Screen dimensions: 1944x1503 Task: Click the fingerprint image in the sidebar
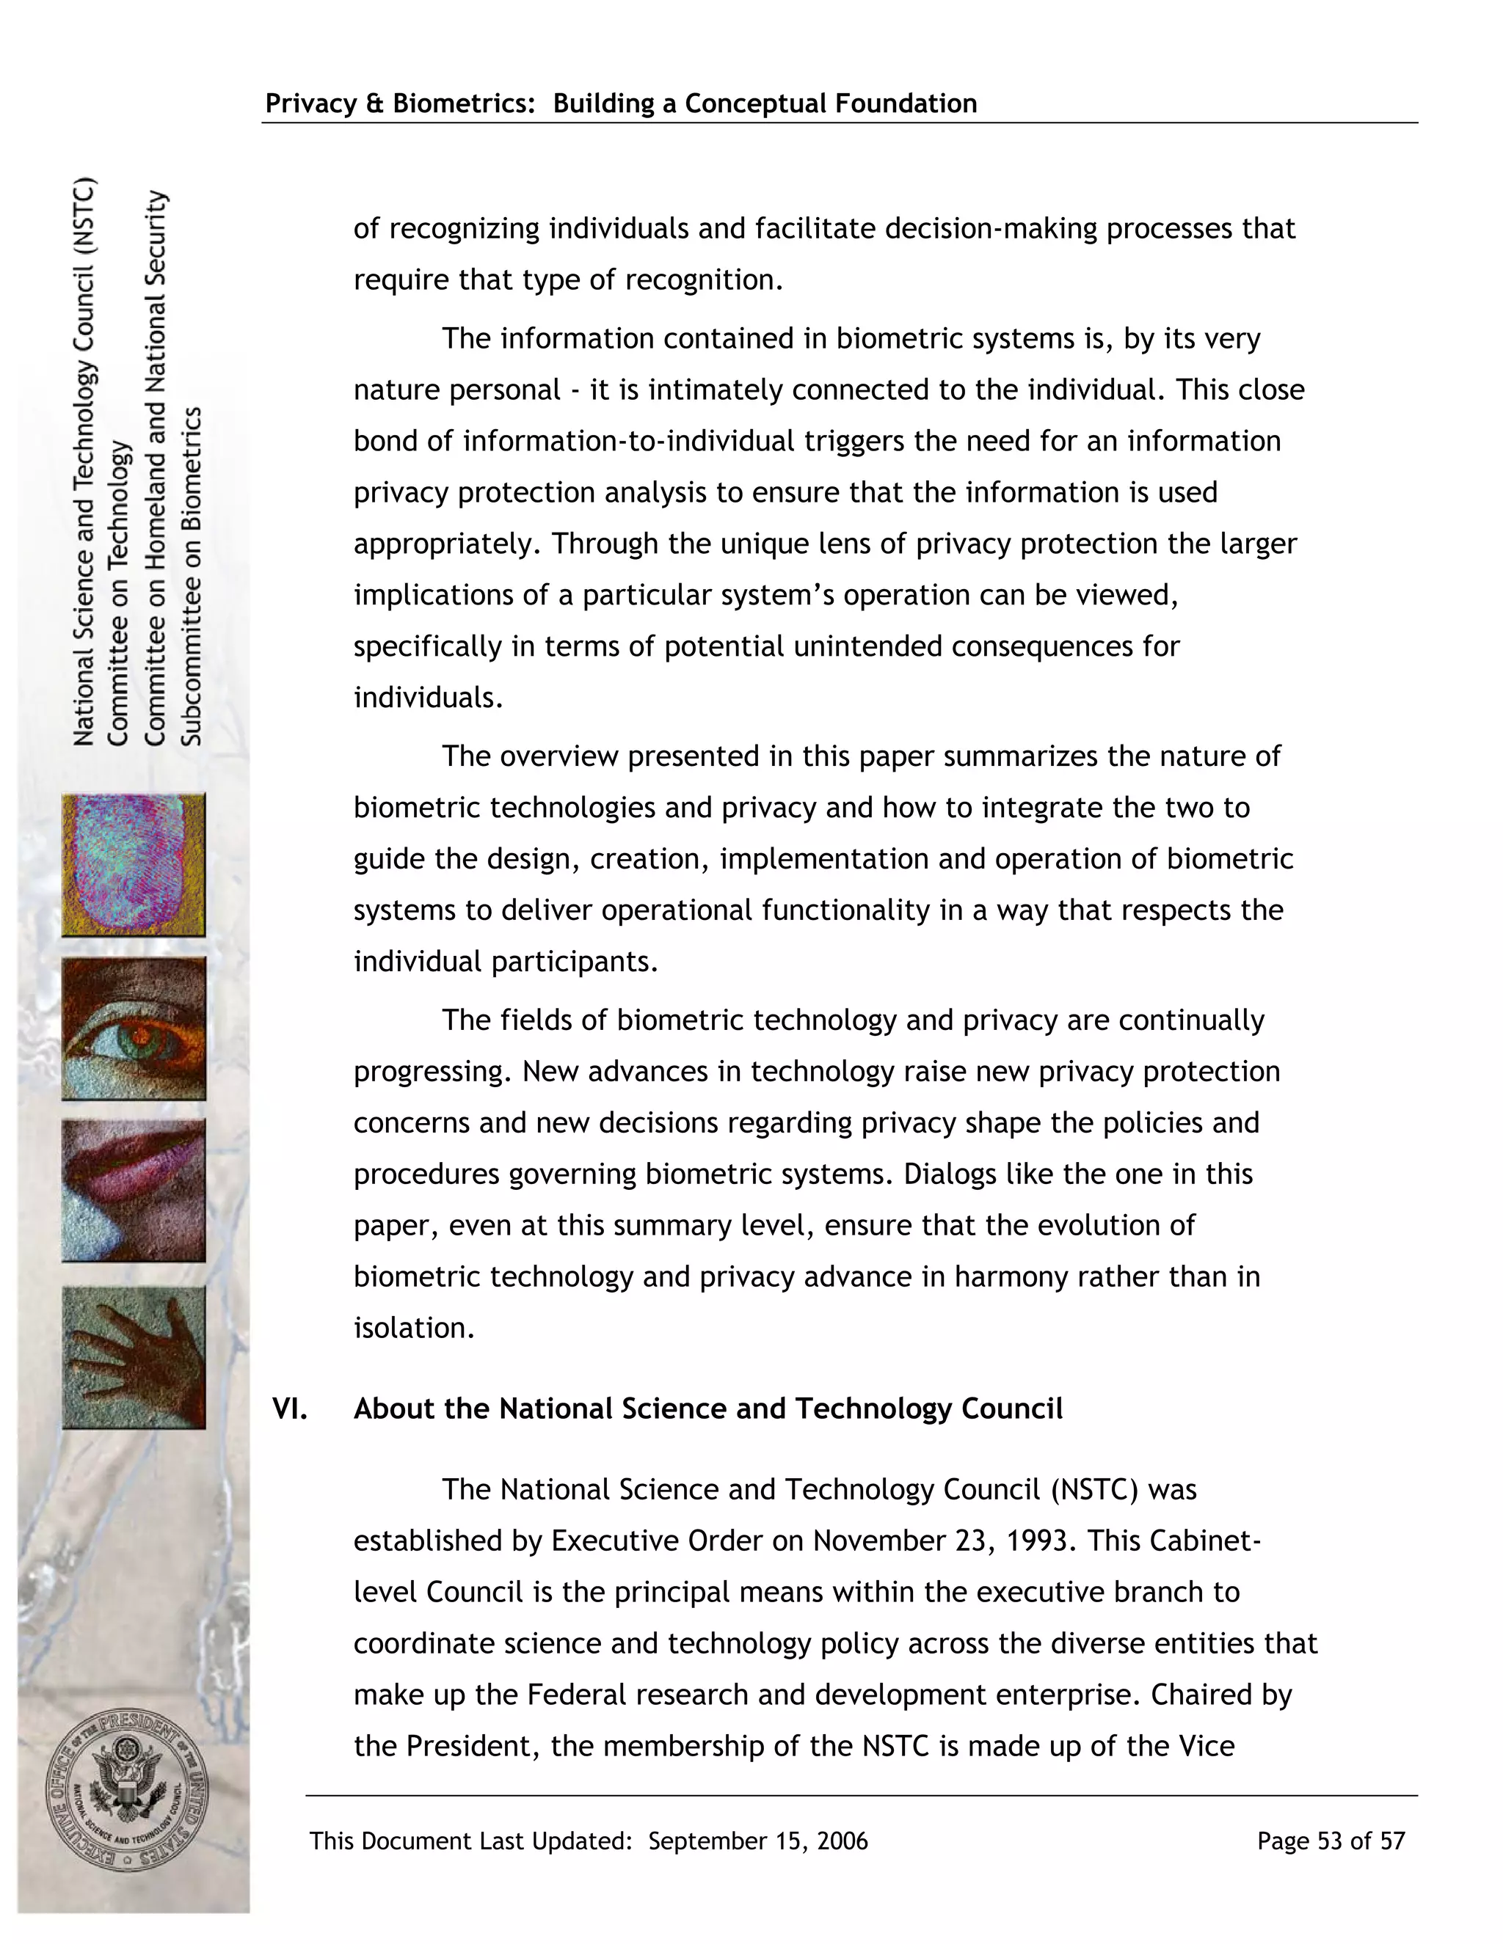point(134,864)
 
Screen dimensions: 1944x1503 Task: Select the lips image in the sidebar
point(134,1190)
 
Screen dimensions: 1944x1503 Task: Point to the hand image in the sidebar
point(134,1357)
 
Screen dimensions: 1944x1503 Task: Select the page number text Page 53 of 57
point(1331,1841)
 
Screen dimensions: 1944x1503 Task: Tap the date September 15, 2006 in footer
point(757,1841)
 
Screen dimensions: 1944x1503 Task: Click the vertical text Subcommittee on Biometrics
point(192,576)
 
